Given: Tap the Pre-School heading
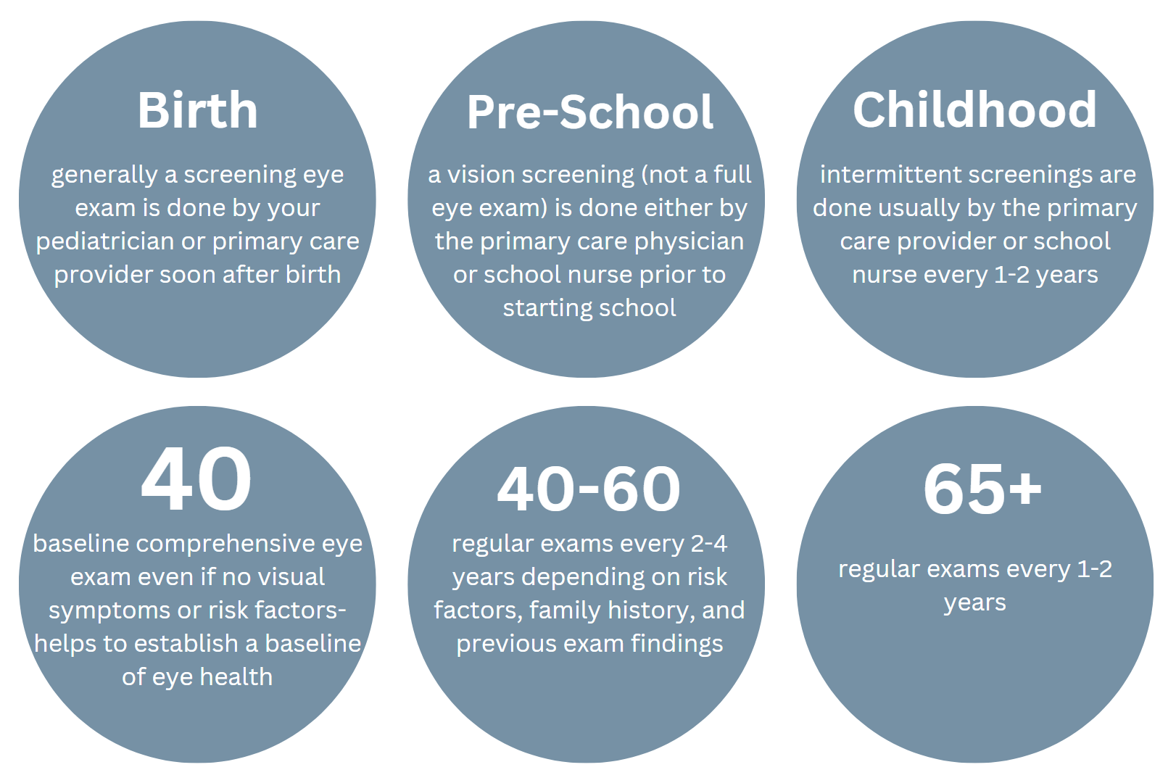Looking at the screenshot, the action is pyautogui.click(x=589, y=112).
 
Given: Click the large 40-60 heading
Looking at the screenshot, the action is pyautogui.click(x=589, y=489).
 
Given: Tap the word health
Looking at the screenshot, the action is pyautogui.click(x=236, y=676).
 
